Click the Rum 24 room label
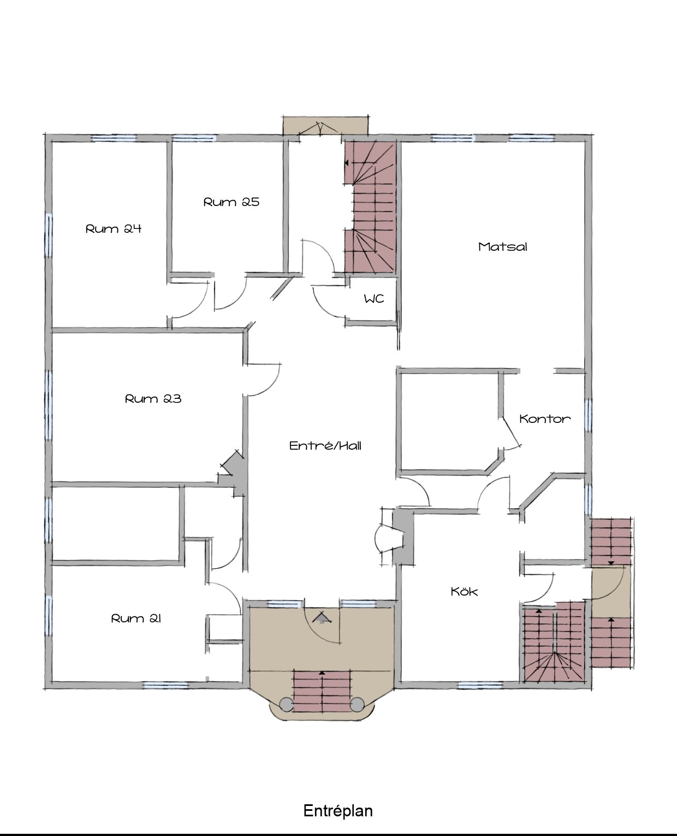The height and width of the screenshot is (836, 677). pyautogui.click(x=114, y=229)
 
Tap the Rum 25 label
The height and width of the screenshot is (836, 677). pyautogui.click(x=231, y=202)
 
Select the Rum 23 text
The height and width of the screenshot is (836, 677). pyautogui.click(x=153, y=399)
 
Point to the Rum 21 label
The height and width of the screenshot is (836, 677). pyautogui.click(x=136, y=619)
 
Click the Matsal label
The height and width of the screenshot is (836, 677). pyautogui.click(x=502, y=247)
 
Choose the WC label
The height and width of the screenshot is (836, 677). pyautogui.click(x=374, y=299)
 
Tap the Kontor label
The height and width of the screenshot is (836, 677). pyautogui.click(x=545, y=419)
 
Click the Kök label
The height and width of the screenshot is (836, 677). pyautogui.click(x=464, y=591)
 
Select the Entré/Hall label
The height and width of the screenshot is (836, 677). pyautogui.click(x=325, y=445)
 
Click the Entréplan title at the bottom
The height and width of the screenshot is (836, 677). pyautogui.click(x=338, y=810)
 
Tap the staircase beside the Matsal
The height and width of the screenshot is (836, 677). pyautogui.click(x=370, y=207)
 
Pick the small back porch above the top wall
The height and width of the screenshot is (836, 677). pyautogui.click(x=325, y=126)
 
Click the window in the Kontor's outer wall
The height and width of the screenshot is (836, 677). pyautogui.click(x=588, y=415)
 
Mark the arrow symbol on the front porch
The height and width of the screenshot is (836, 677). pyautogui.click(x=322, y=618)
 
